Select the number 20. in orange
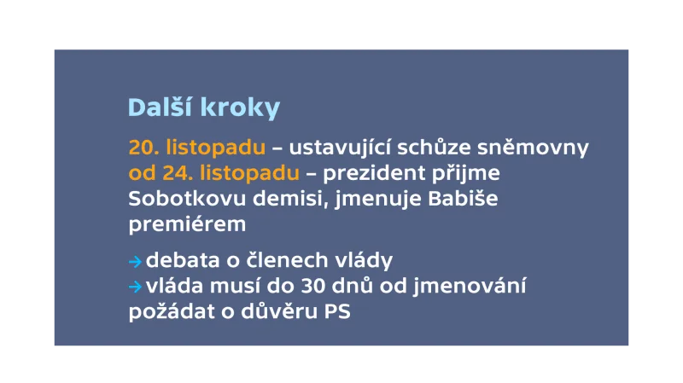click(x=143, y=148)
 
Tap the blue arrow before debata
click(x=135, y=260)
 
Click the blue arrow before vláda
click(x=135, y=287)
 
